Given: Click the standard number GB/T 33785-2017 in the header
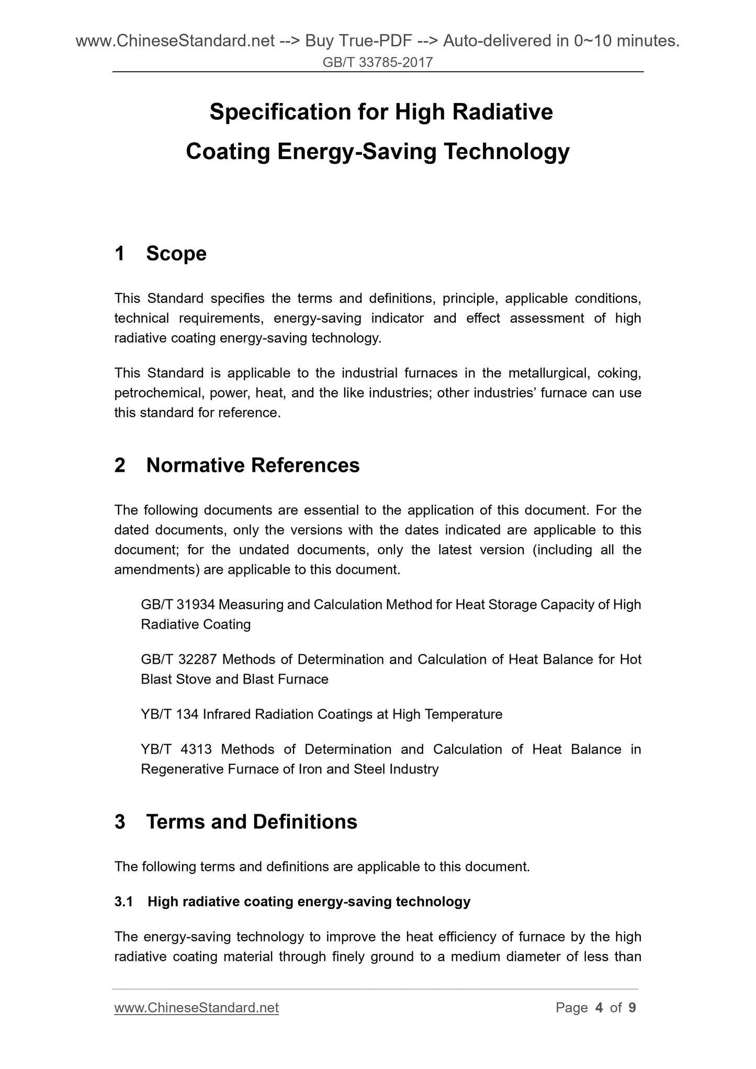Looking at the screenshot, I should (x=378, y=63).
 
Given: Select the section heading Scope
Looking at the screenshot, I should (x=176, y=254).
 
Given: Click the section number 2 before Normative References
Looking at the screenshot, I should (x=120, y=465).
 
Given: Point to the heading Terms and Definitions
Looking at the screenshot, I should (x=252, y=822).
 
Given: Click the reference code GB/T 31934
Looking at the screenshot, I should (x=177, y=605).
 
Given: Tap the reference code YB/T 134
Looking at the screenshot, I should (x=170, y=714).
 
